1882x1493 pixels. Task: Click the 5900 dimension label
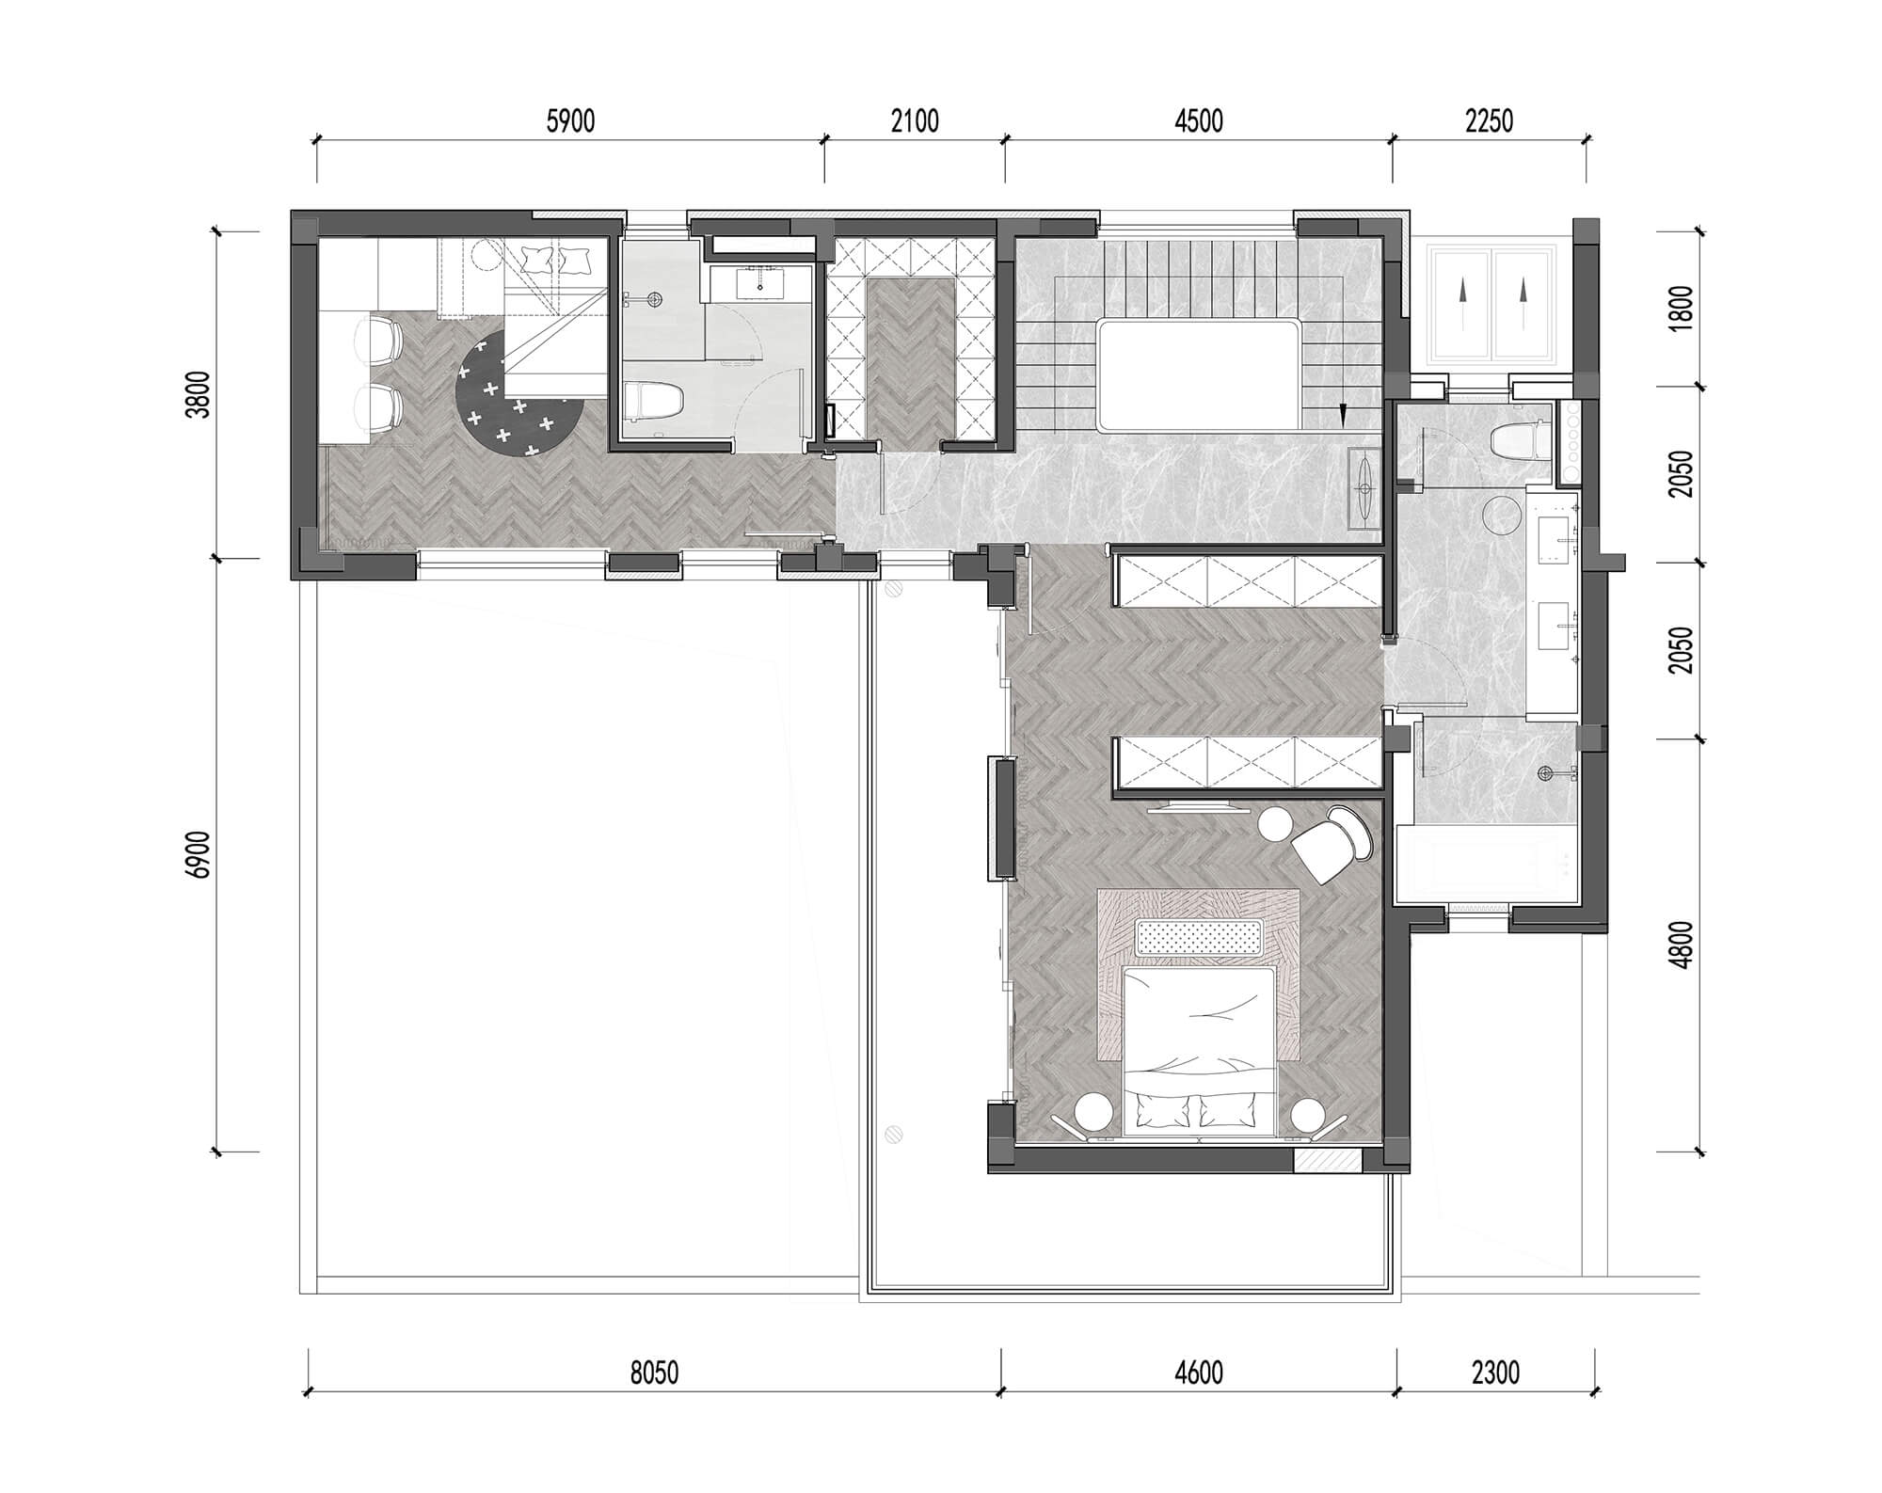point(570,122)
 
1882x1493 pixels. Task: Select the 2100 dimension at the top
point(915,122)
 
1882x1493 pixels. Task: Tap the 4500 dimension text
point(1199,122)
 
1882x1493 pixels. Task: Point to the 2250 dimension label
point(1489,122)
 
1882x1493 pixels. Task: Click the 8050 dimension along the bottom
point(654,1374)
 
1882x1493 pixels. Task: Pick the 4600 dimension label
point(1199,1374)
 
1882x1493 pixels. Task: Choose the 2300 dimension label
point(1495,1374)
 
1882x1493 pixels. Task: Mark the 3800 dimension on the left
point(199,395)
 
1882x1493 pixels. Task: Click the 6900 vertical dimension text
point(199,854)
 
